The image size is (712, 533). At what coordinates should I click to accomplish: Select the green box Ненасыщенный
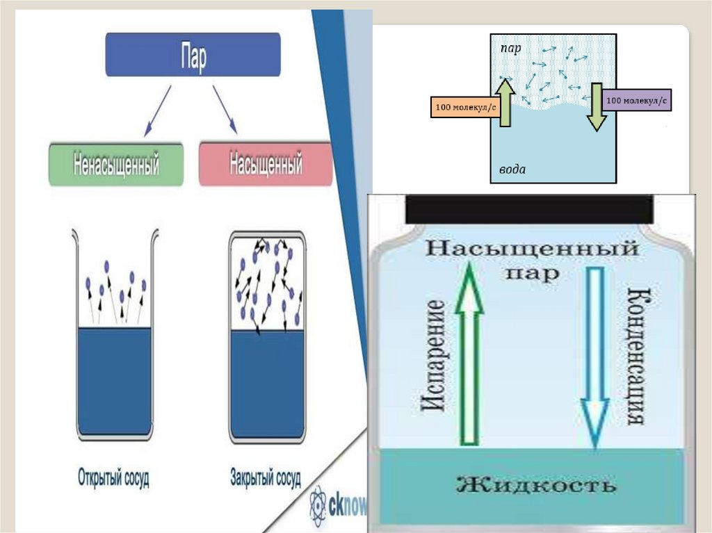click(116, 165)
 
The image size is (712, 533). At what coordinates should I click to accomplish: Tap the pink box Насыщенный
click(266, 165)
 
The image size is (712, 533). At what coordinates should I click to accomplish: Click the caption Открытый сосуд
click(113, 478)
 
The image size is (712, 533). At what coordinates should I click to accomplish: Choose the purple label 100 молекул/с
click(637, 101)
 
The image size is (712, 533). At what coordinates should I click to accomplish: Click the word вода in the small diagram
click(512, 170)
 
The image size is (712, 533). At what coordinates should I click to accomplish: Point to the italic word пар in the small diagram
click(511, 49)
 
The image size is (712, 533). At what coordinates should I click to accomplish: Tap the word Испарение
click(432, 356)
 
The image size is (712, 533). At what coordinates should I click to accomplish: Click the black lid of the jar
click(528, 208)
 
